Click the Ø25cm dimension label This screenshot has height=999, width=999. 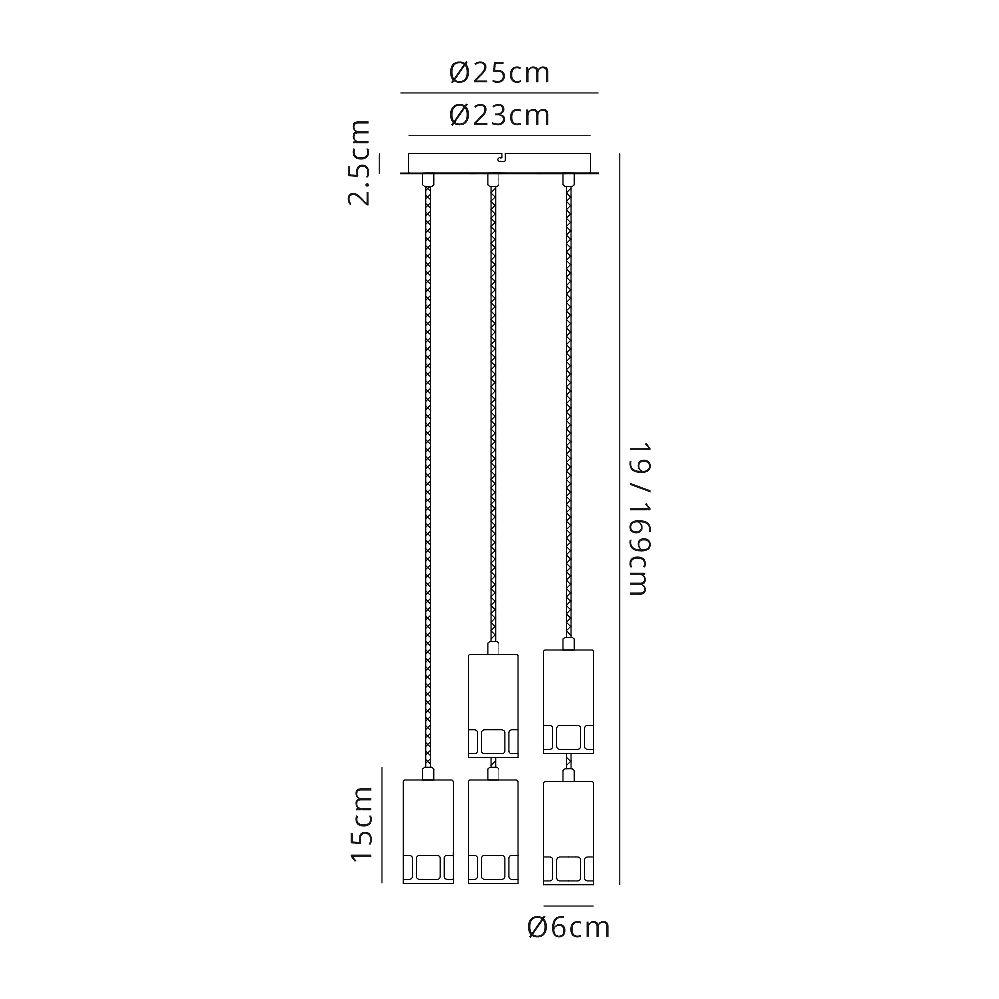pos(499,73)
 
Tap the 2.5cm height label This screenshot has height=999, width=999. pos(359,163)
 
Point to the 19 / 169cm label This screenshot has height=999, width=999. pos(639,518)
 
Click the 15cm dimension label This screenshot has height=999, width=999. pos(362,824)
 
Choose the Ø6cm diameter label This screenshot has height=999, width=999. pos(569,928)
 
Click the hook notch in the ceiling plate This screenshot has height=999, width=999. pos(500,158)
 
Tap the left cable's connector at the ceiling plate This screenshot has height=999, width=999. pos(428,180)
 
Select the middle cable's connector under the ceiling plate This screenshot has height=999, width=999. pos(494,180)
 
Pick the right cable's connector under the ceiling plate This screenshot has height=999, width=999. pos(569,180)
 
